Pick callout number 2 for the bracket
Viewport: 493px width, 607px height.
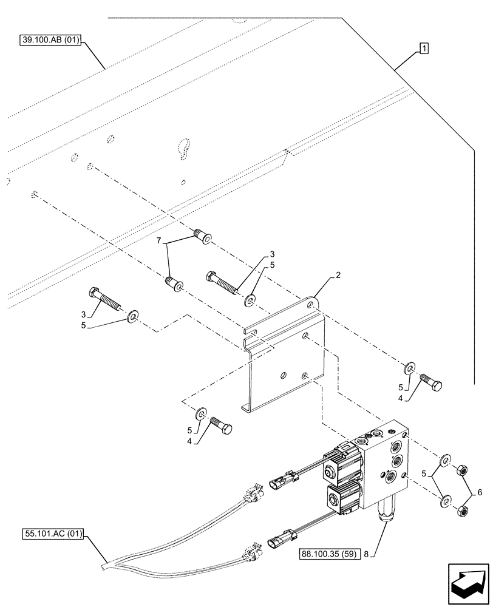coord(338,275)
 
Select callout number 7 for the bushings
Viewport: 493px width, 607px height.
coord(159,242)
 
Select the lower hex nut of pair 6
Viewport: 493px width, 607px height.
coord(461,510)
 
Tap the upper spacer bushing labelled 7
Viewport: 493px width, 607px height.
coord(202,236)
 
